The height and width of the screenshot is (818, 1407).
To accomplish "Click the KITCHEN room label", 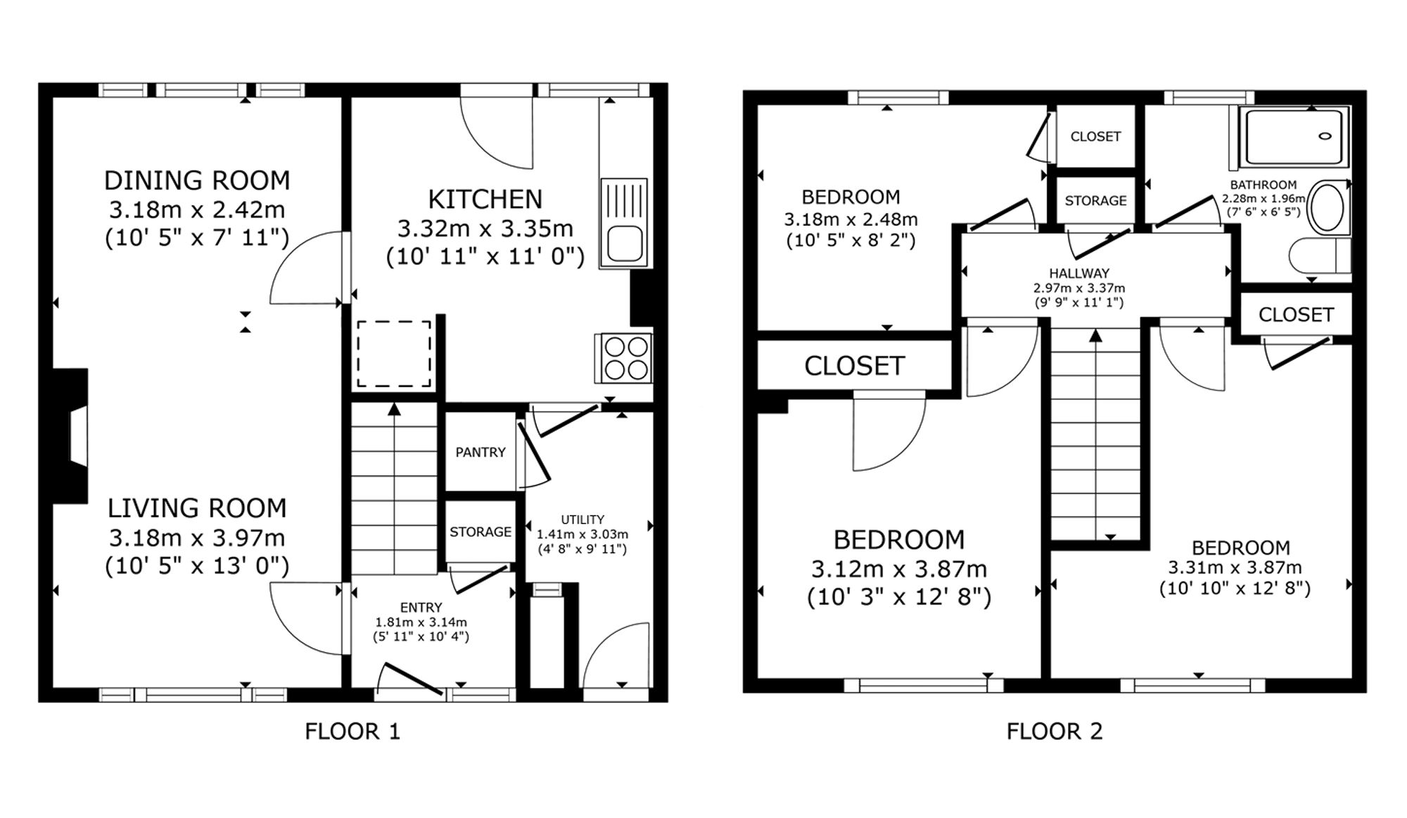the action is click(485, 200).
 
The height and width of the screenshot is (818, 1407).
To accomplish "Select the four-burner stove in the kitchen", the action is click(625, 358).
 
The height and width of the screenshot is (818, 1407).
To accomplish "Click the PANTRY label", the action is click(480, 452).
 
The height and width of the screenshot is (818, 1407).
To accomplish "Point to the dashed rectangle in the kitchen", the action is click(394, 354).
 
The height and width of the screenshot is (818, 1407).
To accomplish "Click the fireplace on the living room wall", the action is click(71, 436).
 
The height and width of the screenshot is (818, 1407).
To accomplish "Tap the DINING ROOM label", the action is click(197, 181).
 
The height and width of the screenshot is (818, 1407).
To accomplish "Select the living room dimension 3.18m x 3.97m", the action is click(197, 538).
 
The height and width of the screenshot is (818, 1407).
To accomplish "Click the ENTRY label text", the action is click(421, 608).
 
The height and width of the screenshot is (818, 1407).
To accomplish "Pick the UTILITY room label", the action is click(582, 520).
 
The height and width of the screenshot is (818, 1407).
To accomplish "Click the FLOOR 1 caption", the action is click(352, 731).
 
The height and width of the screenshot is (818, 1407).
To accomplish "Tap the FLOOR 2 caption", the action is click(1055, 731).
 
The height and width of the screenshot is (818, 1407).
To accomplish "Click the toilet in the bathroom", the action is click(1320, 255).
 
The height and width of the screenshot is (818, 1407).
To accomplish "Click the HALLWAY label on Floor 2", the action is click(1079, 274).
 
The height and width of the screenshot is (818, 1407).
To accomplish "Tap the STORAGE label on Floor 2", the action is click(1095, 201).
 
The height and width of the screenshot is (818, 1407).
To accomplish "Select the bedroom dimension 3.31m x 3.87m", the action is click(1235, 568).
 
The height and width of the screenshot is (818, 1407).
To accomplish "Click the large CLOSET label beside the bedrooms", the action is click(854, 366).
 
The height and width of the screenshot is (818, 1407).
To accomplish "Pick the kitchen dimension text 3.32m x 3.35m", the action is click(485, 229).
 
